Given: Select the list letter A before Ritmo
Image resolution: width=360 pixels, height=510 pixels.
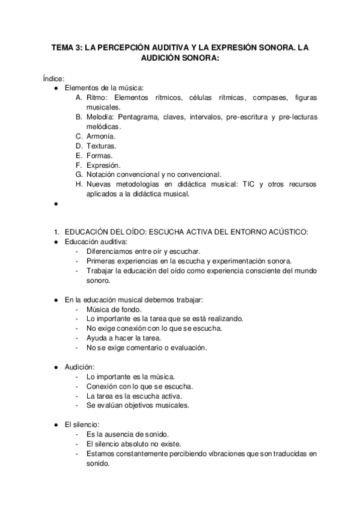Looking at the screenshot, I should (x=79, y=97).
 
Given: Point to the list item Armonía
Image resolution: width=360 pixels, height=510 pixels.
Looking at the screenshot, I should (x=102, y=136).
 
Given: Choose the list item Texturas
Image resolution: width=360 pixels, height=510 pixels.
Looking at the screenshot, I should (x=102, y=146).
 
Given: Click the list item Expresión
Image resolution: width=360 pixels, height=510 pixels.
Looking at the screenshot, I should (x=103, y=165).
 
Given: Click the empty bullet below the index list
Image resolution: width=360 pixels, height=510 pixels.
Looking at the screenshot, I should (x=55, y=203).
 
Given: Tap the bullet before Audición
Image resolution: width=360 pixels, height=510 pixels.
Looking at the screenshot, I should (x=55, y=367).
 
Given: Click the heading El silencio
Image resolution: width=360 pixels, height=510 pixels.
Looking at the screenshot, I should (x=82, y=425).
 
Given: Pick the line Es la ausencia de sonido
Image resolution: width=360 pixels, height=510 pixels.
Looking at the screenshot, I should (x=127, y=434).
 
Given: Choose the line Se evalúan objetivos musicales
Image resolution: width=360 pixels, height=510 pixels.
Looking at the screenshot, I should (x=138, y=405).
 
